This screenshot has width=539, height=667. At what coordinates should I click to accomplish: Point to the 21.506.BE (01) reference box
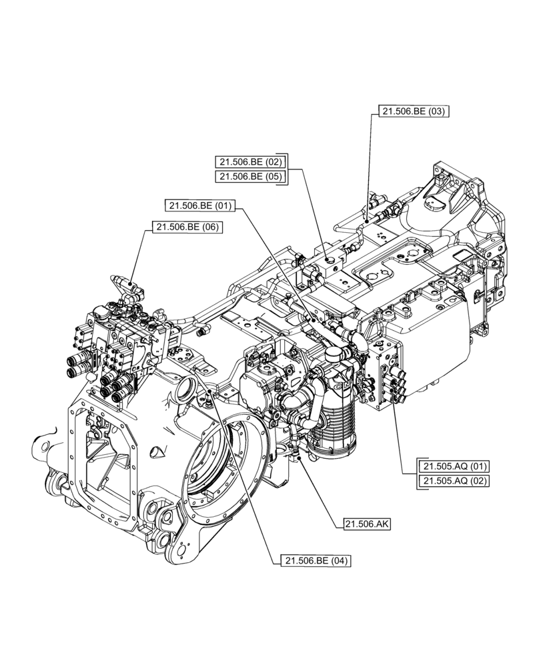pyautogui.click(x=200, y=205)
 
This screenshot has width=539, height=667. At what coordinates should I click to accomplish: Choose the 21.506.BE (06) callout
pyautogui.click(x=187, y=227)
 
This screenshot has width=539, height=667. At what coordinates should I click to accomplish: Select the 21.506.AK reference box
pyautogui.click(x=367, y=524)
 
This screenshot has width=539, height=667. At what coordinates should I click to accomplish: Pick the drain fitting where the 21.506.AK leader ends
pyautogui.click(x=298, y=456)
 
